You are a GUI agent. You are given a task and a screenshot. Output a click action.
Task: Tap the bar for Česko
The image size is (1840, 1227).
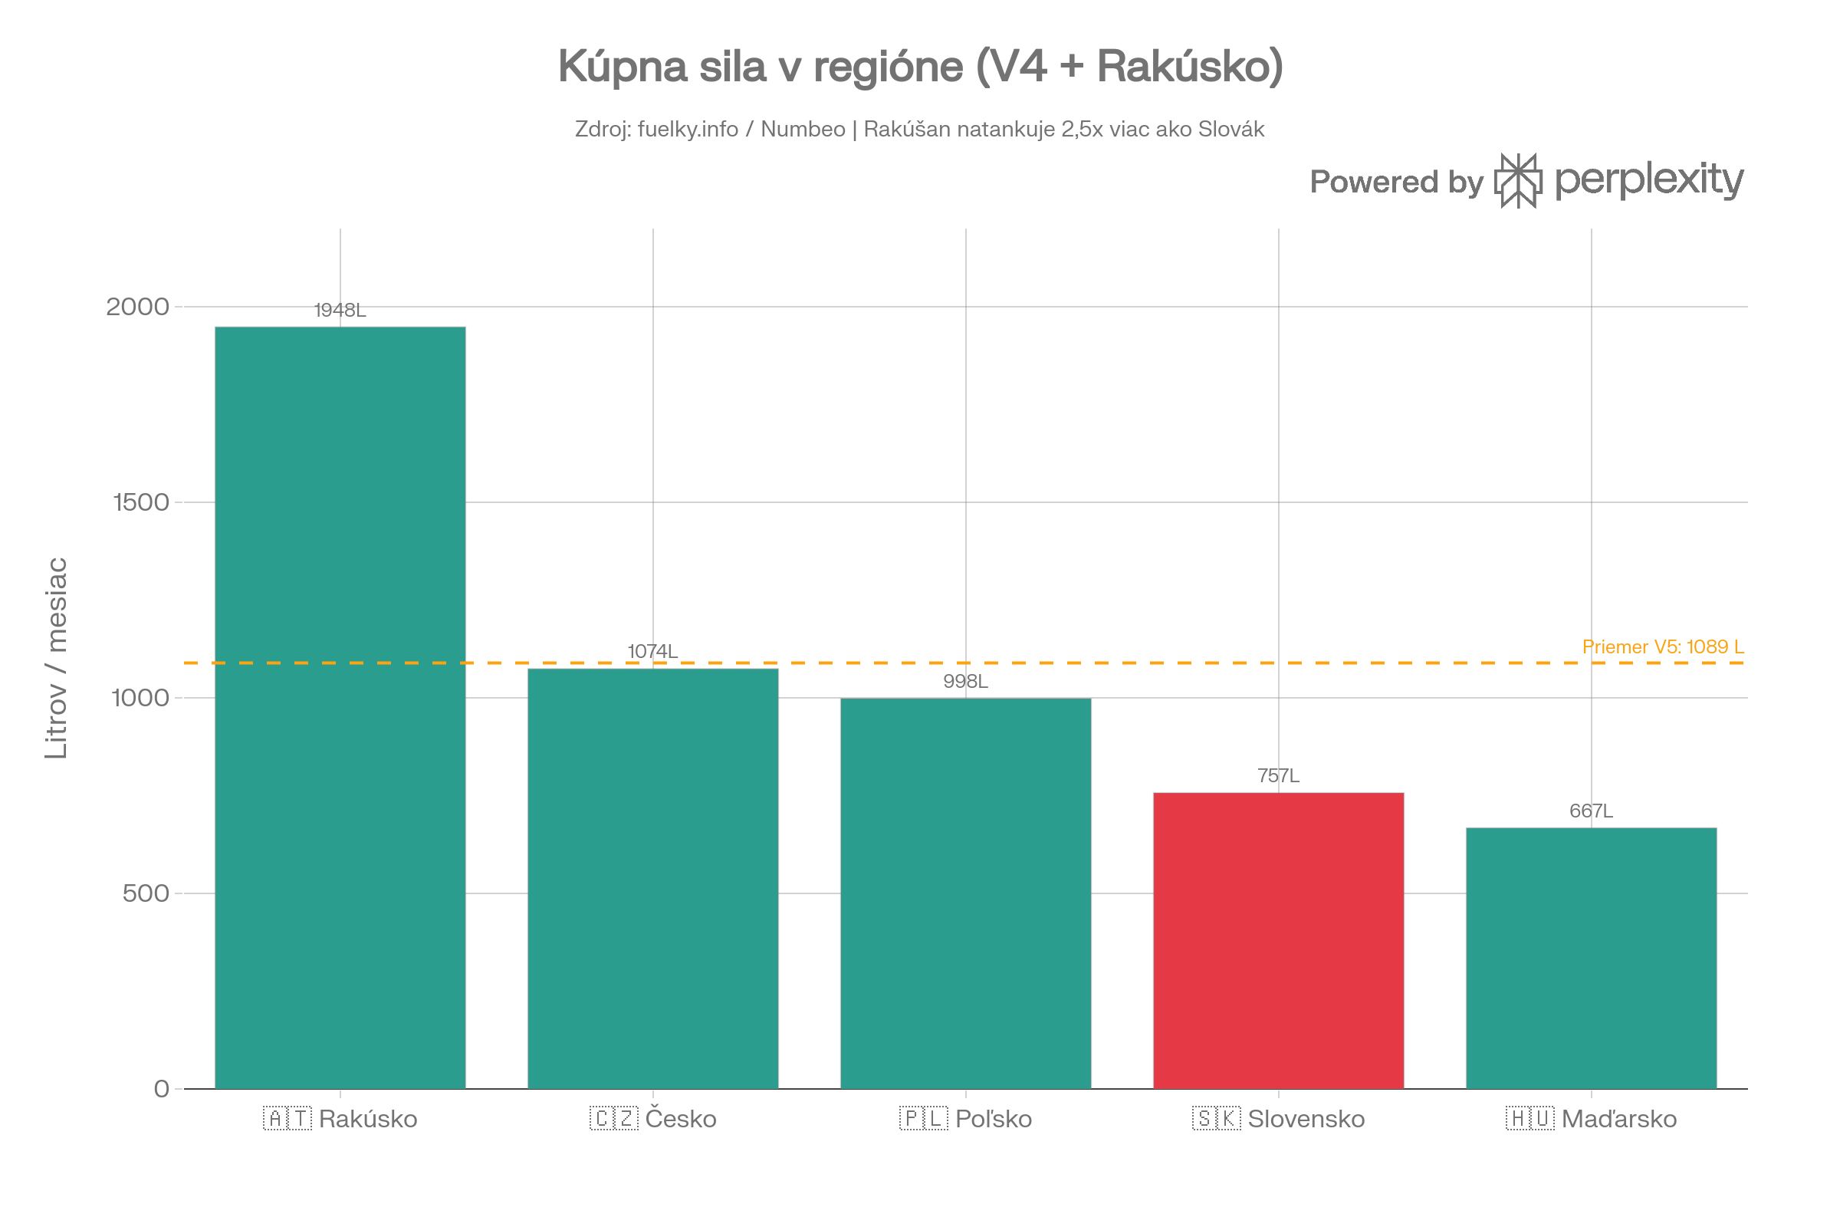[653, 877]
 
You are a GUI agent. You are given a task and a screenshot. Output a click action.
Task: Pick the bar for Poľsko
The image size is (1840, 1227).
[965, 893]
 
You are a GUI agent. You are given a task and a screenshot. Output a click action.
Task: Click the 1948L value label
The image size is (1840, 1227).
[340, 311]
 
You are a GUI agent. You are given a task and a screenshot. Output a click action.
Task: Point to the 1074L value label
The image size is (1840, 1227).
[652, 651]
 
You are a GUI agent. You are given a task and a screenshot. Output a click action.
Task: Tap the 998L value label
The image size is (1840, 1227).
[965, 682]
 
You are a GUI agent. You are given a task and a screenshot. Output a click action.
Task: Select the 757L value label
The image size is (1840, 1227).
[1278, 775]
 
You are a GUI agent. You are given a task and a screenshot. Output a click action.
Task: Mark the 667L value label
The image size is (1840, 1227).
[1592, 811]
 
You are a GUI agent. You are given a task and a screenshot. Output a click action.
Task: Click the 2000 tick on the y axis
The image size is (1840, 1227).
[138, 307]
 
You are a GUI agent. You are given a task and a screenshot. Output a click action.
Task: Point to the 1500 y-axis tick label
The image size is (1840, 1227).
[141, 502]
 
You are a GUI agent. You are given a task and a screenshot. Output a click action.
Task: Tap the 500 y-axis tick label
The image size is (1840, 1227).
[146, 893]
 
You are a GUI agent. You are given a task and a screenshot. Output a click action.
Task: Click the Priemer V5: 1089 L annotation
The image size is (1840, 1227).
[1662, 647]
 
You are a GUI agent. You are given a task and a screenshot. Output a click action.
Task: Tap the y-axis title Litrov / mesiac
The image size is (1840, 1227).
[56, 658]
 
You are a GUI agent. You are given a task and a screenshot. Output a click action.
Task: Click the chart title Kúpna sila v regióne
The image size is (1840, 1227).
[920, 66]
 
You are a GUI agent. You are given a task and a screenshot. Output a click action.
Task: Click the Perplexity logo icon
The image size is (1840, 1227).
[1518, 181]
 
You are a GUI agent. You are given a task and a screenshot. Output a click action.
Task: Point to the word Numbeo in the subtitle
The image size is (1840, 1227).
[803, 129]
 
